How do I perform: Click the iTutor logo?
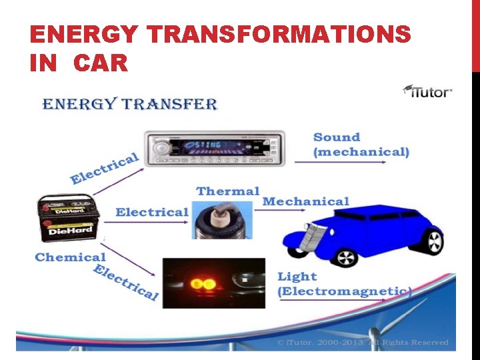click(428, 91)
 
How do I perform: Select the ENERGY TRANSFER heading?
click(130, 104)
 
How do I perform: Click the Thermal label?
click(228, 191)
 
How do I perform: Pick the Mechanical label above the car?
click(305, 201)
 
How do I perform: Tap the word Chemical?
click(70, 257)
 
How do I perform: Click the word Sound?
click(337, 137)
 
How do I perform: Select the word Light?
click(297, 276)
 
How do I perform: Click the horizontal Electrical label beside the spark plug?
click(152, 212)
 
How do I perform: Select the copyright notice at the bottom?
click(363, 342)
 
